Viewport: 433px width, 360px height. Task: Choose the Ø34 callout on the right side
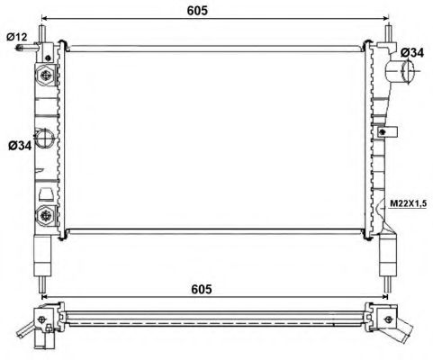pos(411,53)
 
